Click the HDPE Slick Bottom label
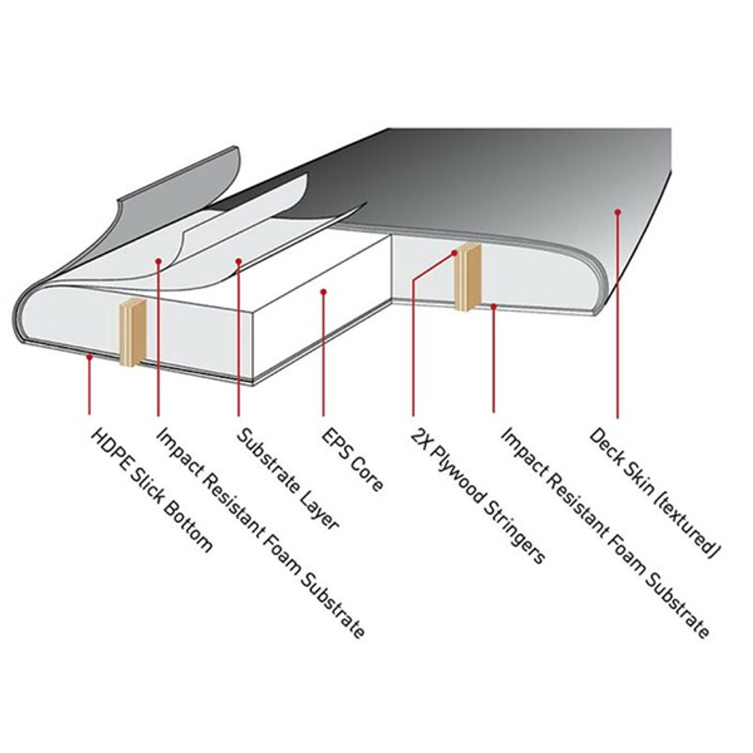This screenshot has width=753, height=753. pos(152,490)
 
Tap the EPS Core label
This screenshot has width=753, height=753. pos(352,459)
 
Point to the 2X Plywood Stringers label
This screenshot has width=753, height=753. pos(478,495)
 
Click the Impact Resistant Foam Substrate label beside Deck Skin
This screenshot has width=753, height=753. pos(605,533)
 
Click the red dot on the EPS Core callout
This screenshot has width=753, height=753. pos(324,291)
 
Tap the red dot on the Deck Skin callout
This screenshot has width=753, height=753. pos(618,212)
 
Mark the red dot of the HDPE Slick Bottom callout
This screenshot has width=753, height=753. pos(89,357)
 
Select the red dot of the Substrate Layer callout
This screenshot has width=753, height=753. pos(239,261)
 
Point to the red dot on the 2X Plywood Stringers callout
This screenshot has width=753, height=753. pos(455,252)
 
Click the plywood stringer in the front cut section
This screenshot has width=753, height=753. pos(132,332)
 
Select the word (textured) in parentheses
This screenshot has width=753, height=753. pos(687,526)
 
